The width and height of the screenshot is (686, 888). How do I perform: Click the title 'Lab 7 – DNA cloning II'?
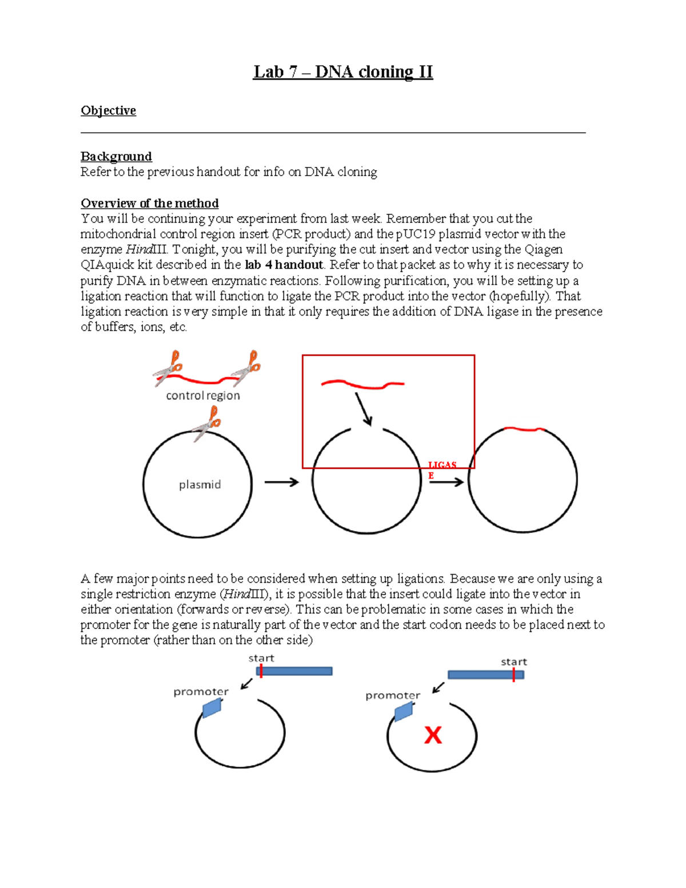343,72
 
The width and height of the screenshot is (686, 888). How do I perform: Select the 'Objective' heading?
108,110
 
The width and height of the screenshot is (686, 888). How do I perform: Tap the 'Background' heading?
116,156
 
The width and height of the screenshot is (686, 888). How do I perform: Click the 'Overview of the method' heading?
149,203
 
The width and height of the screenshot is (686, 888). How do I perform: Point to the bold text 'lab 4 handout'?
284,265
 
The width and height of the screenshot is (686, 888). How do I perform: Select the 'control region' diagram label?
203,396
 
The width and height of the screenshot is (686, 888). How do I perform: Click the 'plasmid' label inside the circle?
200,485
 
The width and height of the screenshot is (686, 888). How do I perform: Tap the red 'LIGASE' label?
441,469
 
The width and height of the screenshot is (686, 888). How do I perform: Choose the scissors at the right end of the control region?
247,368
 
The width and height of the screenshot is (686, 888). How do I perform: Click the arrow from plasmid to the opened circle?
282,483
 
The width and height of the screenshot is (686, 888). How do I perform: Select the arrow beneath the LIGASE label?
446,483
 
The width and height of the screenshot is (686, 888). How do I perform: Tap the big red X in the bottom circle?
433,735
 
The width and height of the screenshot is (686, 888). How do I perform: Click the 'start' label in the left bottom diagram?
261,658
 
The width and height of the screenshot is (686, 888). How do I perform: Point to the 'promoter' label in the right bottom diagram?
393,695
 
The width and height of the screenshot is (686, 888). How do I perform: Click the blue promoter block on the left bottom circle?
212,708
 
